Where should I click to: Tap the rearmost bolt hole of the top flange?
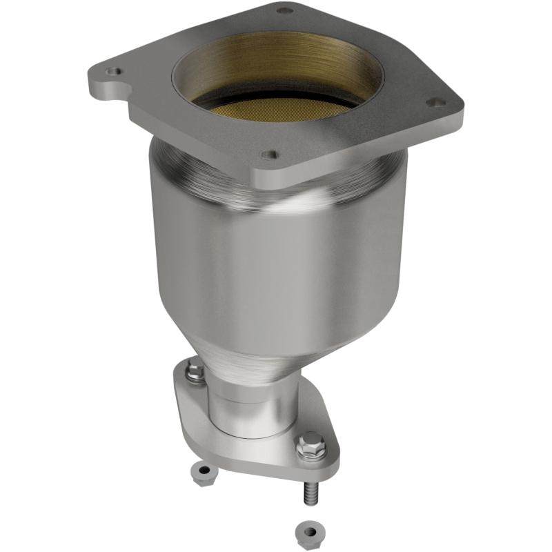tap(284, 10)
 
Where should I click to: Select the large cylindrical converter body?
tap(276, 269)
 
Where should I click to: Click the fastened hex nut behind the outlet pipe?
tap(195, 372)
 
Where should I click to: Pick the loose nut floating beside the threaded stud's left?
tap(203, 473)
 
